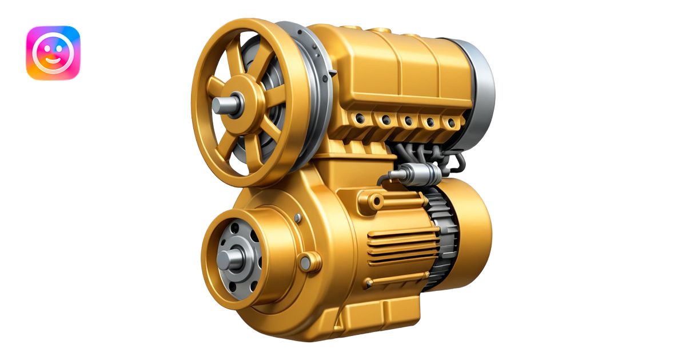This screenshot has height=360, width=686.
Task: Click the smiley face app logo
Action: [x=53, y=53]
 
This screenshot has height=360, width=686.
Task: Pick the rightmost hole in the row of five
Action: [x=451, y=123]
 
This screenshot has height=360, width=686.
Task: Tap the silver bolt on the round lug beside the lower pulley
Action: [x=306, y=263]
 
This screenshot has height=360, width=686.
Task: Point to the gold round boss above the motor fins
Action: [x=376, y=201]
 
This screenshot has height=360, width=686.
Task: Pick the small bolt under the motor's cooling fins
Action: [x=369, y=283]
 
